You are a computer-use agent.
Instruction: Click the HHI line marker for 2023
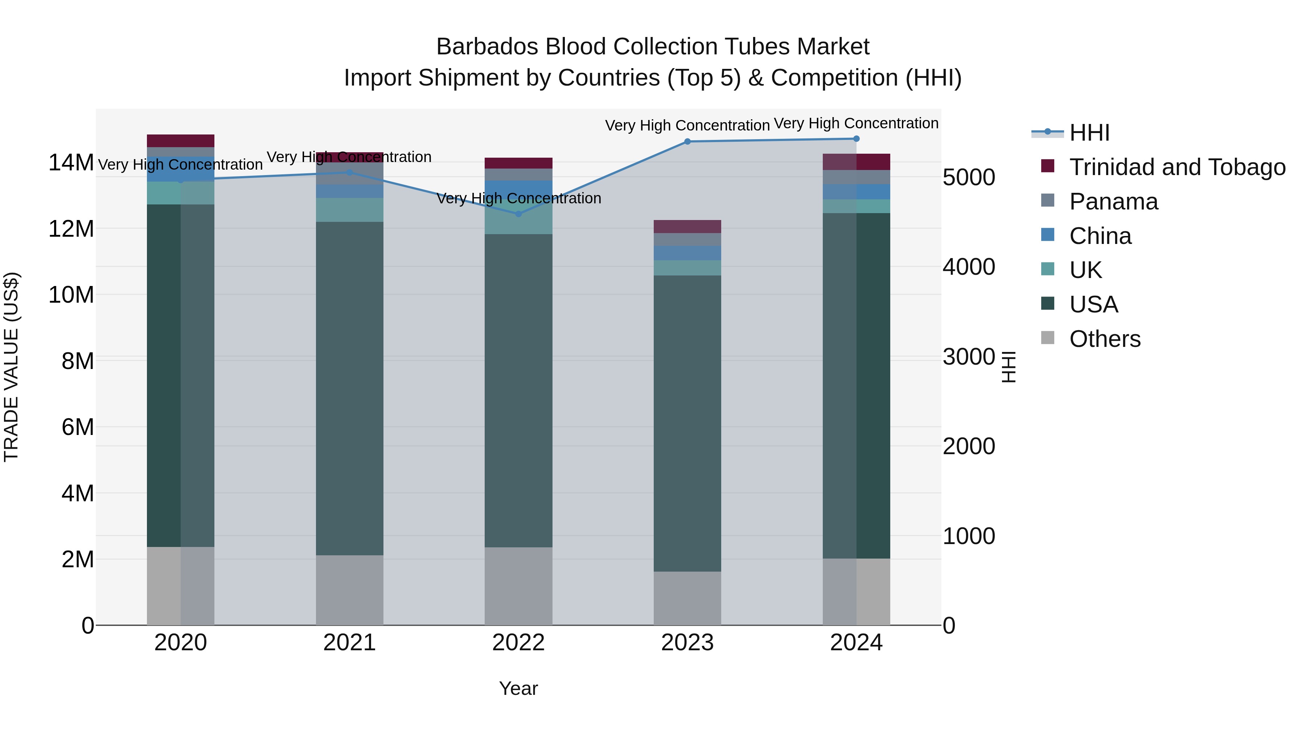[687, 141]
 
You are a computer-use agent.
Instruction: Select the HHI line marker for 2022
[518, 214]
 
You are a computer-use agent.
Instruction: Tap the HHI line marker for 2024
[856, 138]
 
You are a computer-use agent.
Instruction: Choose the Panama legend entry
[1113, 201]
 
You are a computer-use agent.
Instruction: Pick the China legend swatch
[1047, 235]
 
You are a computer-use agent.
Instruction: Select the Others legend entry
[1104, 339]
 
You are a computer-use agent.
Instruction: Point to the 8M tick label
[77, 361]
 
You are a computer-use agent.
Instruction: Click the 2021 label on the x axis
[349, 643]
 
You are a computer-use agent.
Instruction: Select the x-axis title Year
[518, 688]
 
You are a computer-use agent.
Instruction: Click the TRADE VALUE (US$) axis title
[11, 367]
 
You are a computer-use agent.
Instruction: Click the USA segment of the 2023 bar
[687, 423]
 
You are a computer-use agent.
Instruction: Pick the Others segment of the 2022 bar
[518, 586]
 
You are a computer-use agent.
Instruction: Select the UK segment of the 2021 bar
[349, 210]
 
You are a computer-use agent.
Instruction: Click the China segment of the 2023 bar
[687, 253]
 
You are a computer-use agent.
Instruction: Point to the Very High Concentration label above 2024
[856, 123]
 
